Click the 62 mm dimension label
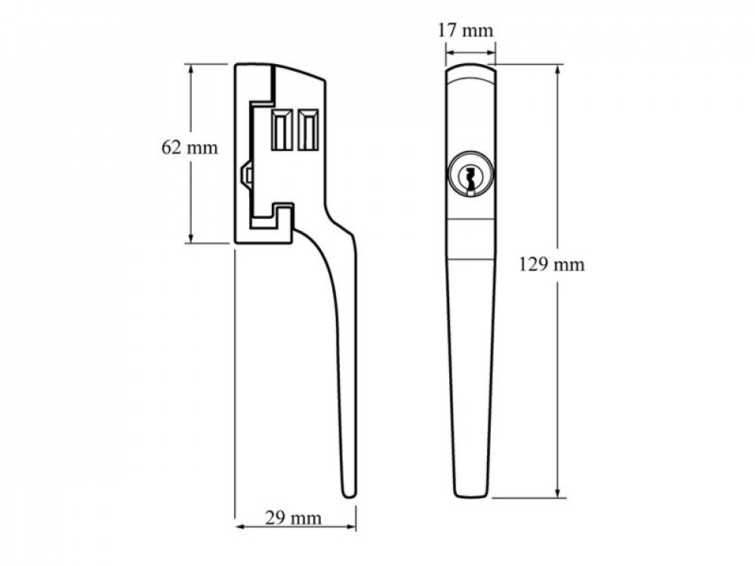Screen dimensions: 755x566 (x=190, y=147)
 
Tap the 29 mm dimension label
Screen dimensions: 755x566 (x=293, y=518)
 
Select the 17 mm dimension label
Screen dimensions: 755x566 (x=466, y=30)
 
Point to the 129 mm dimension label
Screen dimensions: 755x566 (x=552, y=265)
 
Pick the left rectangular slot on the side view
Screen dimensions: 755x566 (x=282, y=130)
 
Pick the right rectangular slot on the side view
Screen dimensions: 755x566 (x=308, y=130)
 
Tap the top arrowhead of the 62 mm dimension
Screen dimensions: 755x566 (x=191, y=69)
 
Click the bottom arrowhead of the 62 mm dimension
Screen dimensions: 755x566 (x=191, y=238)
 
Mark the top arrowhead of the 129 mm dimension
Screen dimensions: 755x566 (x=558, y=69)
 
